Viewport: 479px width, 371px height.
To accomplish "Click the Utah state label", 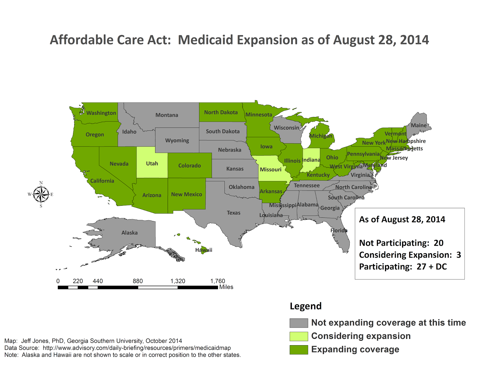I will click(x=152, y=163).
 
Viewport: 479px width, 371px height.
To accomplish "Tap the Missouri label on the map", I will click(x=270, y=169).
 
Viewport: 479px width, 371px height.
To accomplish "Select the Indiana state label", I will click(x=311, y=160).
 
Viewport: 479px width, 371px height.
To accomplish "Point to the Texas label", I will click(x=234, y=213).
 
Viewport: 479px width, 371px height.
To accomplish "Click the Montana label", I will click(x=167, y=115).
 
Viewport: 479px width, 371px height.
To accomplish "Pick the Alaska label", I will click(x=129, y=233).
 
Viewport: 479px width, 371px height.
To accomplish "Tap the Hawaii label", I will click(x=204, y=250).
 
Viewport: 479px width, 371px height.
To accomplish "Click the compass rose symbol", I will click(x=41, y=194).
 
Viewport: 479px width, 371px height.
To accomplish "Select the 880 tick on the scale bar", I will click(x=138, y=281).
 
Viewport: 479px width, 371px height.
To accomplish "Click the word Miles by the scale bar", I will click(x=226, y=287).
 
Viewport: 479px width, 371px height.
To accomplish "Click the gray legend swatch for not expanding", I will click(x=298, y=323).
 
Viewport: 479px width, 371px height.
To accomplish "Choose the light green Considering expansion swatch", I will click(x=298, y=336).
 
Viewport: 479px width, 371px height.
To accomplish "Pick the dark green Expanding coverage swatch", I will click(x=298, y=350).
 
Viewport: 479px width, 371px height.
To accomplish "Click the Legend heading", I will click(x=305, y=306).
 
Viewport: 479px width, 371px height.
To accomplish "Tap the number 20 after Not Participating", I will click(x=439, y=243).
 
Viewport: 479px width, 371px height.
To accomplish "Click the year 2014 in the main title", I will click(x=414, y=40).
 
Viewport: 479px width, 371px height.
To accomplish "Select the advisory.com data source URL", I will click(x=137, y=348).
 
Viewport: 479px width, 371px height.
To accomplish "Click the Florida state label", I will click(x=339, y=230).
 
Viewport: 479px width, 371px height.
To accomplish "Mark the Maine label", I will click(x=419, y=125).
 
